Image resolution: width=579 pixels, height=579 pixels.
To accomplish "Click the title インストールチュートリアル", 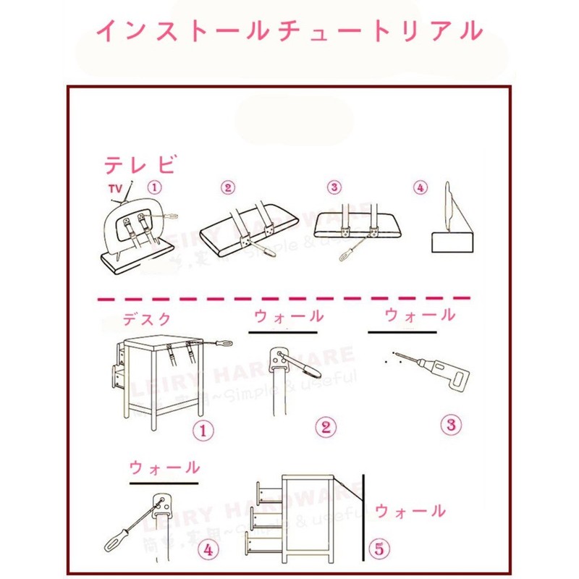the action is [x=289, y=30].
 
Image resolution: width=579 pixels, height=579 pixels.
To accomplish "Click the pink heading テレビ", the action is [x=140, y=166].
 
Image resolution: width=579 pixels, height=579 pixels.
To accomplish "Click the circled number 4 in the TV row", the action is [x=420, y=187].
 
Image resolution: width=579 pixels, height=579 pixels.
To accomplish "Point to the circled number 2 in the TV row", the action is [x=229, y=188].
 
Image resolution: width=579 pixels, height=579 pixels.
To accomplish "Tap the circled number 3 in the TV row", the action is [x=334, y=187].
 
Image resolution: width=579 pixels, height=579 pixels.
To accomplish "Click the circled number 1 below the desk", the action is [x=203, y=431].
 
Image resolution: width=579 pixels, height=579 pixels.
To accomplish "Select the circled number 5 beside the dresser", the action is [x=377, y=548].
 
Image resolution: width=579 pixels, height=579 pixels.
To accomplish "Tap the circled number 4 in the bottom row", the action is [x=208, y=550].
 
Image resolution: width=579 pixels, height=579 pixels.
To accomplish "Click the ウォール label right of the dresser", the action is [x=410, y=511].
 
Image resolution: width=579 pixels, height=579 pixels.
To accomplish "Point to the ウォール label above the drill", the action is [x=420, y=315].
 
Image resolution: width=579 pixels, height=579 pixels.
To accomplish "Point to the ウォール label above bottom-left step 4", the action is [x=164, y=467].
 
